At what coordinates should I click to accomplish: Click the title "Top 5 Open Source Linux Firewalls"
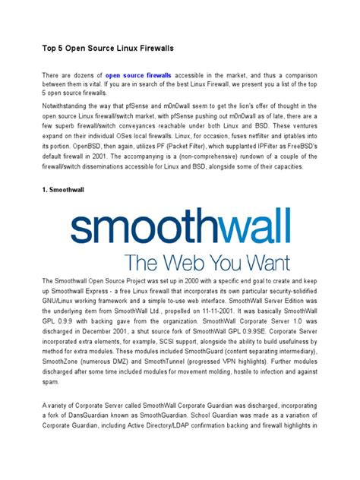pyautogui.click(x=108, y=48)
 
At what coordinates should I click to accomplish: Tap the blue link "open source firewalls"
pyautogui.click(x=138, y=76)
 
